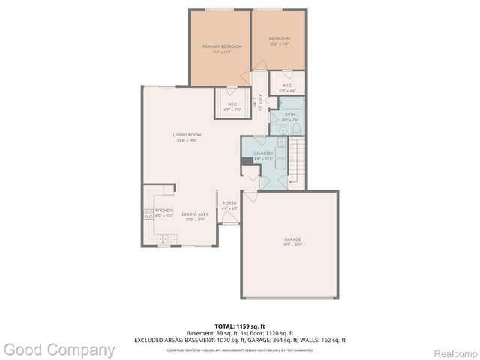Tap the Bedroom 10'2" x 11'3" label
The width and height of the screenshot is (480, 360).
click(279, 41)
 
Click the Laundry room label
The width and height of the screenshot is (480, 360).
click(264, 156)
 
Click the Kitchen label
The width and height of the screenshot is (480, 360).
click(163, 213)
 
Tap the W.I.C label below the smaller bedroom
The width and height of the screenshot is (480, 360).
click(288, 85)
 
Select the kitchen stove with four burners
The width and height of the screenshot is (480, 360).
click(148, 214)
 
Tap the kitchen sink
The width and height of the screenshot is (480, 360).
click(163, 238)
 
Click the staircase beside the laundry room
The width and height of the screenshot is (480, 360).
click(298, 159)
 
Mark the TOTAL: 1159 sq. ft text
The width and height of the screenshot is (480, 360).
click(240, 327)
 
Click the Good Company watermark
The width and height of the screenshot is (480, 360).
click(58, 349)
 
